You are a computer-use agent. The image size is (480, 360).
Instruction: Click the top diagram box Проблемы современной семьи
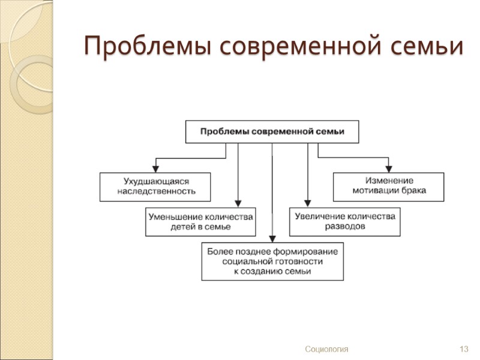click(x=272, y=132)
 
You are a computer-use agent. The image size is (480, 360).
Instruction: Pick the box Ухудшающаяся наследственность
click(x=156, y=187)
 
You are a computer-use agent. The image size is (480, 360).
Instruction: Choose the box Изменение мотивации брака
click(x=389, y=187)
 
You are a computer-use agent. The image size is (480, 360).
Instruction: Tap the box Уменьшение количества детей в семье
click(x=200, y=221)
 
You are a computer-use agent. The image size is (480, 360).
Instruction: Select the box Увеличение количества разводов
click(x=344, y=221)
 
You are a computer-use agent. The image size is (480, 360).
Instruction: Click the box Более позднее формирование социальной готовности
click(x=272, y=262)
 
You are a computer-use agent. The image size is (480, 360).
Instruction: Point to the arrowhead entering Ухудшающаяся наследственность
click(x=156, y=169)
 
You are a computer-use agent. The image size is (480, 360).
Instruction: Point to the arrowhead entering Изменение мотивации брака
click(x=389, y=169)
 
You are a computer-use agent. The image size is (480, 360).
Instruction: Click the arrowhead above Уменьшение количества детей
click(x=238, y=203)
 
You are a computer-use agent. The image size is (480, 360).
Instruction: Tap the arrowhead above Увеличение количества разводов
click(x=308, y=203)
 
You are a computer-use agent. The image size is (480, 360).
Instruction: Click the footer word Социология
click(x=326, y=349)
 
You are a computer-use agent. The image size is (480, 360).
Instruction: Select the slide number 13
click(x=463, y=349)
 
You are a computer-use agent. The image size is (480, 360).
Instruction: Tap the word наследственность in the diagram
click(x=156, y=192)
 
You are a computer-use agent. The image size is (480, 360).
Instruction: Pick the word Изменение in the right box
click(x=389, y=181)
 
